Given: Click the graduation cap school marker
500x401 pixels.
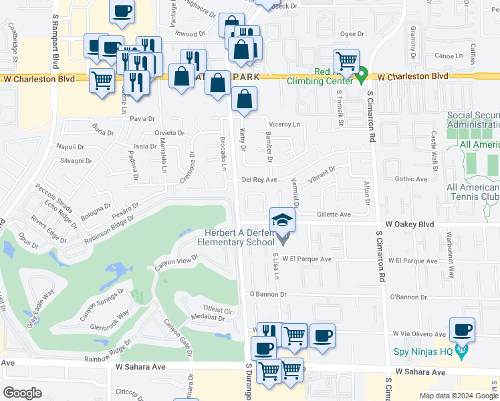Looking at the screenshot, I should point(282,220).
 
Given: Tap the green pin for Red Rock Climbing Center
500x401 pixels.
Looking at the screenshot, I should point(361,76).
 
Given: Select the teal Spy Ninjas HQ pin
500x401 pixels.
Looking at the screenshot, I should point(461,350).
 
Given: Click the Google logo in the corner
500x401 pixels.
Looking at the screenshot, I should point(22,393).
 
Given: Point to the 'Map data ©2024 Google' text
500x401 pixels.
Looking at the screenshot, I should point(458,396).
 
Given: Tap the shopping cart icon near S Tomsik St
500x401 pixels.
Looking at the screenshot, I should point(346,61).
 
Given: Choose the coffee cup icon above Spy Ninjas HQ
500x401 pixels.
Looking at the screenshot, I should point(463,329).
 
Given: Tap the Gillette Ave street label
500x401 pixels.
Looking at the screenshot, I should point(334,215).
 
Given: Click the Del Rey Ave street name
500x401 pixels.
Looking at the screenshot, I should point(259,180).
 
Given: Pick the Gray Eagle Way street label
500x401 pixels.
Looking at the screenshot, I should point(39,305).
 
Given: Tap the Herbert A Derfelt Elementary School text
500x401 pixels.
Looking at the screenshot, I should point(239,237).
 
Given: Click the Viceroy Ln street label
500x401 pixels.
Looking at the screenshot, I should point(284,124).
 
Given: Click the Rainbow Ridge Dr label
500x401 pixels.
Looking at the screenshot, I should point(107,354).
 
